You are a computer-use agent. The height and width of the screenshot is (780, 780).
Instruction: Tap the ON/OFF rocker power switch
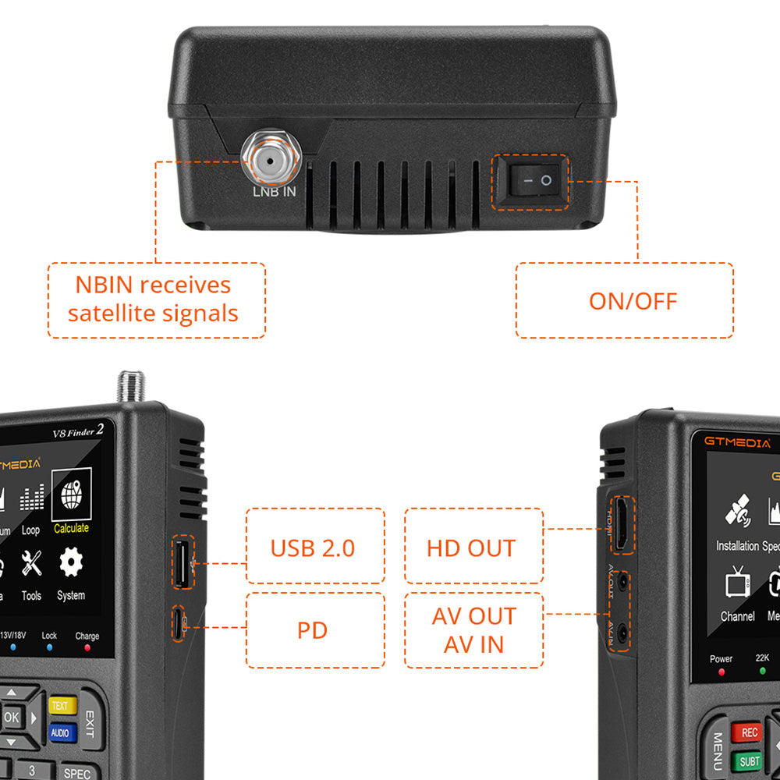pyautogui.click(x=530, y=181)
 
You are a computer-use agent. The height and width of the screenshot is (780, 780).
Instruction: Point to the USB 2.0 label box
pyautogui.click(x=313, y=548)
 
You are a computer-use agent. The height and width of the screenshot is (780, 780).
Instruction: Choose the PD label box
pyautogui.click(x=313, y=629)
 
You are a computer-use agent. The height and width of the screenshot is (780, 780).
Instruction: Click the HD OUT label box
pyautogui.click(x=471, y=548)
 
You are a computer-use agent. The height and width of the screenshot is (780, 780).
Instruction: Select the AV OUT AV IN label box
pyautogui.click(x=473, y=630)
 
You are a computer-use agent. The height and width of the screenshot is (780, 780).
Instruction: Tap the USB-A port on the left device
pyautogui.click(x=181, y=562)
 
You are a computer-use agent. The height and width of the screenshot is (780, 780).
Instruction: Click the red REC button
pyautogui.click(x=749, y=732)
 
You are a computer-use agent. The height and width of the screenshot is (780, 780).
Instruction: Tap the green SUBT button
pyautogui.click(x=749, y=760)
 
